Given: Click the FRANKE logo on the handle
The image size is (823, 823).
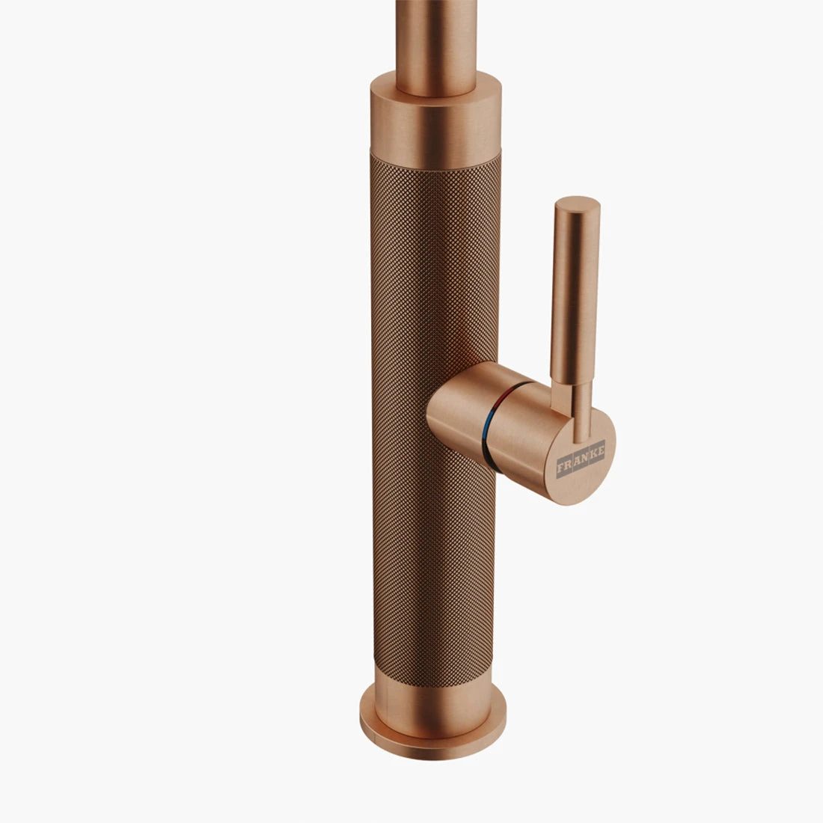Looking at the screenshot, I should [x=581, y=459].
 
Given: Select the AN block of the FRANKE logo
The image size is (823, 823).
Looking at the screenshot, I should [x=581, y=459].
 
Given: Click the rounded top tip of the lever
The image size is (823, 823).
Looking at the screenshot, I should [x=577, y=204].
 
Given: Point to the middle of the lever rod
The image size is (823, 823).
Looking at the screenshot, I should [x=575, y=299].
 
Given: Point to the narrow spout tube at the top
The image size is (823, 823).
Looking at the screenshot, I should [x=436, y=37].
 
